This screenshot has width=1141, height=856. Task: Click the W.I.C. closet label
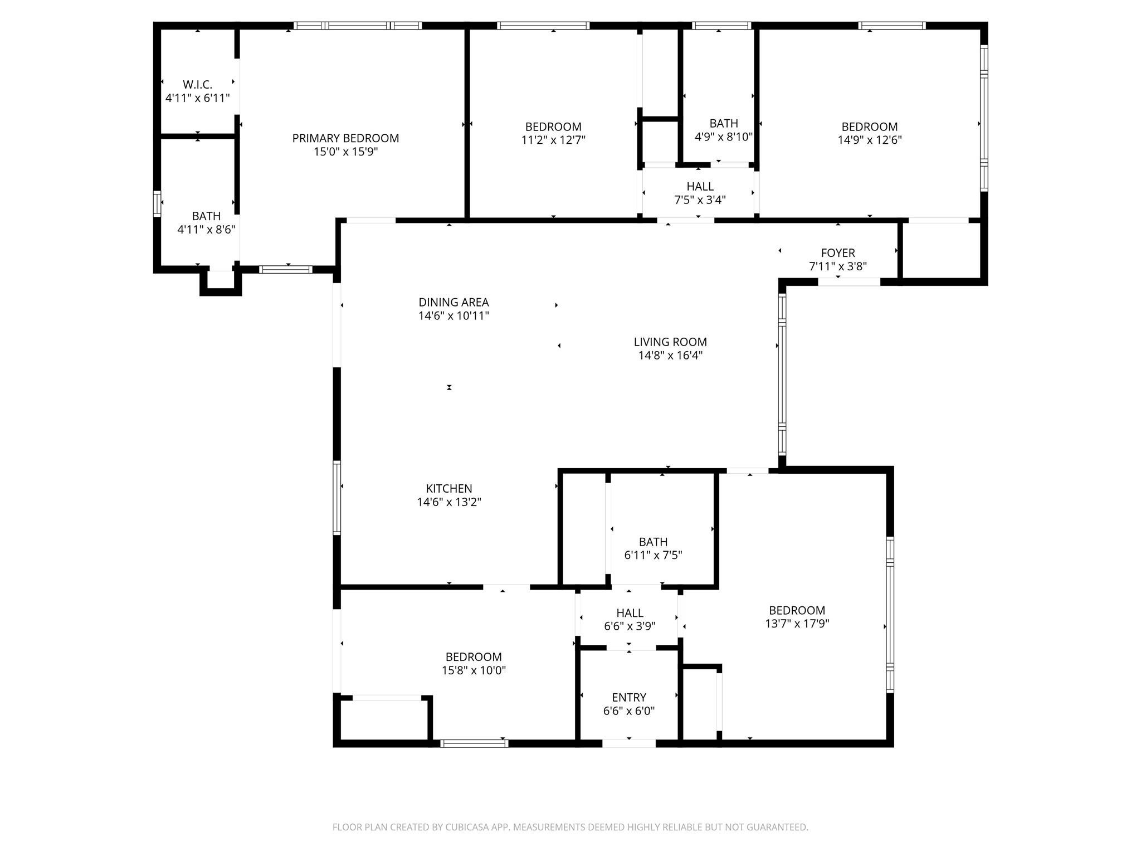pyautogui.click(x=197, y=85)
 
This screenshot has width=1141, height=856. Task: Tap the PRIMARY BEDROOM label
pyautogui.click(x=345, y=138)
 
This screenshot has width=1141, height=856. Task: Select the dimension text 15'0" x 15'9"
pyautogui.click(x=345, y=152)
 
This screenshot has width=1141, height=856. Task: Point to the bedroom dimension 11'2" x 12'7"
pyautogui.click(x=553, y=140)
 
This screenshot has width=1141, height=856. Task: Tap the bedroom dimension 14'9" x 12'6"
pyautogui.click(x=869, y=140)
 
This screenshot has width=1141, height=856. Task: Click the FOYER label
pyautogui.click(x=837, y=253)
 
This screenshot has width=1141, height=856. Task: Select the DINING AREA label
pyautogui.click(x=454, y=303)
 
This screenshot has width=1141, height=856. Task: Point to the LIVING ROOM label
pyautogui.click(x=670, y=342)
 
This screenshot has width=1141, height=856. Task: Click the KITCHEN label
pyautogui.click(x=449, y=489)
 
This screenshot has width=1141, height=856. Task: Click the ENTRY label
pyautogui.click(x=628, y=698)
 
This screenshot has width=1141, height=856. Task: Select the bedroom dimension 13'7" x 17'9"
pyautogui.click(x=797, y=624)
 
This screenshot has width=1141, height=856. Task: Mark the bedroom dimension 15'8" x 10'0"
pyautogui.click(x=474, y=670)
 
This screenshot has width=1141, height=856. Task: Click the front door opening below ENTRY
pyautogui.click(x=628, y=743)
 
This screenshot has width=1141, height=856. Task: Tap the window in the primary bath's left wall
pyautogui.click(x=157, y=203)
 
